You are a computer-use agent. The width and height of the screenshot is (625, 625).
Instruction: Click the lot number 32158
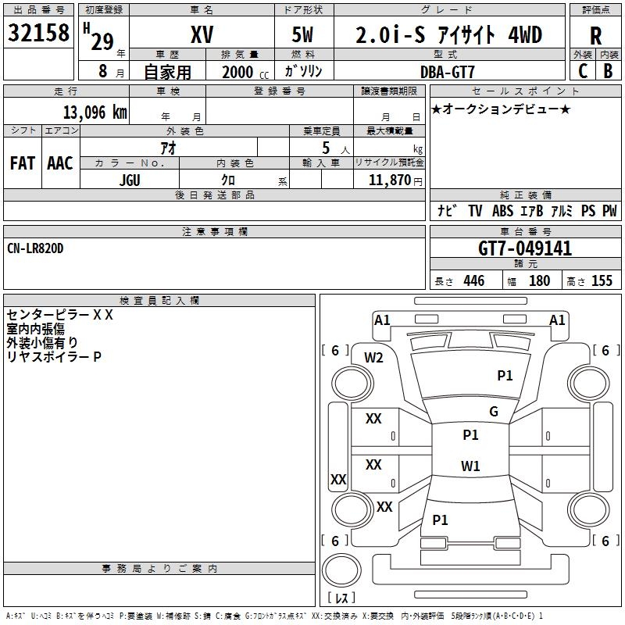[38, 33]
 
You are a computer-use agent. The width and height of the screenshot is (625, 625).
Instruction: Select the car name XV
[202, 34]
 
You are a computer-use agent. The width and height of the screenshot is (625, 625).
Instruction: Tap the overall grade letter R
[595, 36]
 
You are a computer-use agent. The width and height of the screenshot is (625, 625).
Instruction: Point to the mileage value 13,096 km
[95, 112]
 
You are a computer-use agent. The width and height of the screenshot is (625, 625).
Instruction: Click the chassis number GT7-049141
[525, 248]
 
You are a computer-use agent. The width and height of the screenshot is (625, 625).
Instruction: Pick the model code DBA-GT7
[448, 72]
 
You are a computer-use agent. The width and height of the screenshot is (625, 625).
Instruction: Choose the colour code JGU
[130, 180]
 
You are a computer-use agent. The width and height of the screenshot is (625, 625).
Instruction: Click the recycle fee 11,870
[389, 180]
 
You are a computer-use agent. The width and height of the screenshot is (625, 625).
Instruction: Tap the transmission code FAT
[23, 163]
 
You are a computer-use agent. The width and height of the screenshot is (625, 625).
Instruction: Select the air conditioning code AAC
[60, 163]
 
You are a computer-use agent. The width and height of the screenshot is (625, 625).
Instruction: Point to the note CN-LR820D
[35, 248]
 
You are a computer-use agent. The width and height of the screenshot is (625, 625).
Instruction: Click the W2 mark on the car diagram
[373, 358]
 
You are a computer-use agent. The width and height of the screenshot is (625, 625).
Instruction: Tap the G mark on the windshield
[494, 412]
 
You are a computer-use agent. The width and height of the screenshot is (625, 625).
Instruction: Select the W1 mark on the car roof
[470, 466]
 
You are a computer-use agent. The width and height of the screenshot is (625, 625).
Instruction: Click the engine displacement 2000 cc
[245, 73]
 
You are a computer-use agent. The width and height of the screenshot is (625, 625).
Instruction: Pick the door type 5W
[302, 34]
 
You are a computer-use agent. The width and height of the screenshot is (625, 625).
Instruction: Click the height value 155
[602, 281]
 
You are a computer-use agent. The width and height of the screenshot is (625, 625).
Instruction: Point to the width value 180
[540, 281]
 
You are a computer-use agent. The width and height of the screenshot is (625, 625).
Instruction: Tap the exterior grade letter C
[583, 71]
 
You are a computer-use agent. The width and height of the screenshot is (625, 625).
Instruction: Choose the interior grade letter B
[608, 71]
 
